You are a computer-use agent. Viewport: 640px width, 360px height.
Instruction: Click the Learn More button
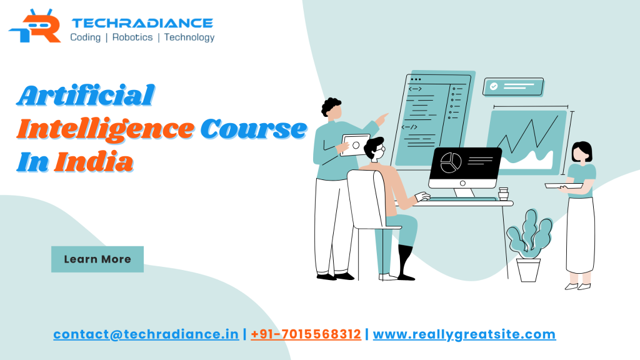pos(97,259)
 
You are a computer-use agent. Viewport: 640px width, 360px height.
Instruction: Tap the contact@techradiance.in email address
pos(146,334)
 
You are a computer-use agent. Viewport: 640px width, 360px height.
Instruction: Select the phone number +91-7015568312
pos(306,334)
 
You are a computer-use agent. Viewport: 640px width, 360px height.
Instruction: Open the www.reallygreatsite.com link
pos(464,334)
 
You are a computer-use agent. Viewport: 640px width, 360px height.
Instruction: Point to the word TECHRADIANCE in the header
pos(142,23)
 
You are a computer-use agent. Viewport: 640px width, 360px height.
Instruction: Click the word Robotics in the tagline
pos(132,37)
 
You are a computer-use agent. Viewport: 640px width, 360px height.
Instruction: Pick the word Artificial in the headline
pos(86,96)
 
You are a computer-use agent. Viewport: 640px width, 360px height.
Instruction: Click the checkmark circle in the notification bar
pos(494,87)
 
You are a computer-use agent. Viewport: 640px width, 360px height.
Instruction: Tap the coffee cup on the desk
pos(503,194)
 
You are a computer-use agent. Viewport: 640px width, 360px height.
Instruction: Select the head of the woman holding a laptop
pos(581,152)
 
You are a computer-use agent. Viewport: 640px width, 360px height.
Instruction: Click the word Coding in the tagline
pos(85,37)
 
